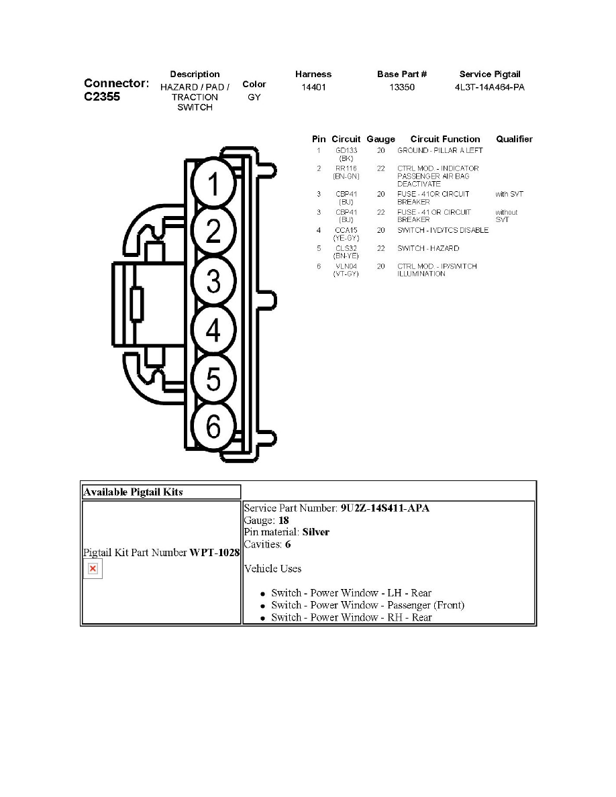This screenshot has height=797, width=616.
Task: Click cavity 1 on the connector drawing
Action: tap(213, 184)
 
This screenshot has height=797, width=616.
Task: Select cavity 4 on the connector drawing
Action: tap(213, 330)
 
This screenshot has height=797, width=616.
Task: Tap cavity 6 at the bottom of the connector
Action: tap(213, 425)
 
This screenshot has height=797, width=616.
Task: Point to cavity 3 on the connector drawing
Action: tap(213, 281)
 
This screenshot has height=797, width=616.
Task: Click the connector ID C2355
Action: tap(102, 97)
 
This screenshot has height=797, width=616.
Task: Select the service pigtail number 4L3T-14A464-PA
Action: tap(489, 87)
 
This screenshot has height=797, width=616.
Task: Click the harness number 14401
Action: tap(313, 87)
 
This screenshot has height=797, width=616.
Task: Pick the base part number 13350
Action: tap(402, 87)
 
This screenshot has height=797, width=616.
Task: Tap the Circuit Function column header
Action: tap(446, 139)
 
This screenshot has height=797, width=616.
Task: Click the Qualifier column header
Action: tap(515, 139)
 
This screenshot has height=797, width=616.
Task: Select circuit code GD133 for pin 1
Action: tap(346, 150)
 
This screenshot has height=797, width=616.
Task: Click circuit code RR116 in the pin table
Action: tap(346, 168)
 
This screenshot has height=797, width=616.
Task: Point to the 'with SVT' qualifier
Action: tap(509, 194)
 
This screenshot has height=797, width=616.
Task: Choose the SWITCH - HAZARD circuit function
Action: tap(428, 248)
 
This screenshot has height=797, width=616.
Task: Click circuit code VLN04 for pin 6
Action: tap(346, 266)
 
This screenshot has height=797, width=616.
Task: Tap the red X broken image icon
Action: tap(93, 568)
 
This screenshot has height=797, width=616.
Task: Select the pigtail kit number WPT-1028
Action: tap(215, 553)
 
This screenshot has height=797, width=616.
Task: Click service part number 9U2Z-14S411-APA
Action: tap(384, 508)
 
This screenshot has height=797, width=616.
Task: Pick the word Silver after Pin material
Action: tap(315, 532)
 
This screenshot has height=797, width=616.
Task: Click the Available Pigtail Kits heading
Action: tap(133, 492)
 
